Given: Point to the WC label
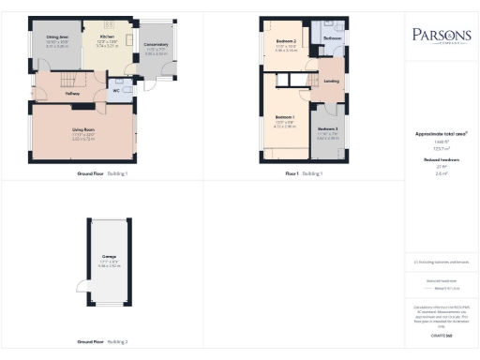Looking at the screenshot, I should pos(115,91).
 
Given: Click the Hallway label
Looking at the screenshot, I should pos(72,94).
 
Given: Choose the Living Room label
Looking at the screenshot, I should pos(85,130).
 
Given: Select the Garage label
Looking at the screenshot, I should pos(109,255).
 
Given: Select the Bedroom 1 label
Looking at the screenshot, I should pos(285,116).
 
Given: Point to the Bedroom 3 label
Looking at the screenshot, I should pos(327,128).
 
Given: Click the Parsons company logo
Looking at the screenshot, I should pos(436,37).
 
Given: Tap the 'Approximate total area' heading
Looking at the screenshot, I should pos(435,134).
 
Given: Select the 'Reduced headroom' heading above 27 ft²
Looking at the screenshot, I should pos(436,159).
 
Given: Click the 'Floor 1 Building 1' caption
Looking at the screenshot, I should pos(305,174).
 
